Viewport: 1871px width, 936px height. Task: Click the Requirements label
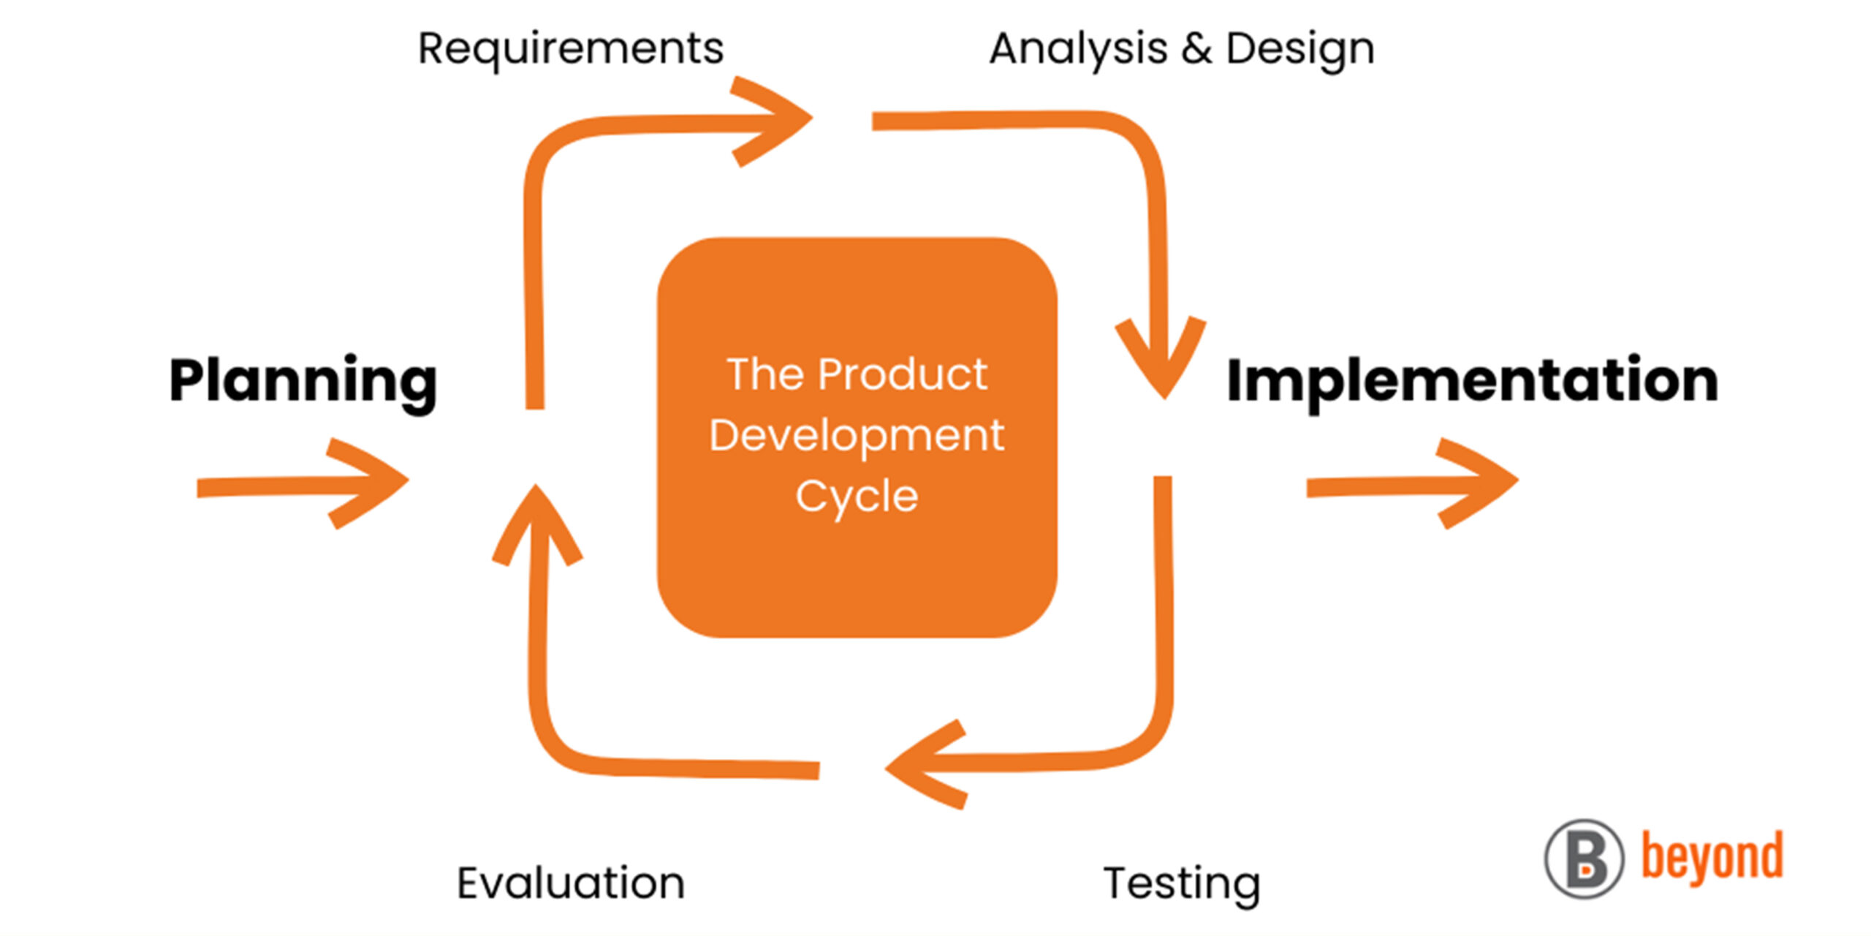coord(571,49)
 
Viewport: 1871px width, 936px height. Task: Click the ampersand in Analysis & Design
coord(1197,49)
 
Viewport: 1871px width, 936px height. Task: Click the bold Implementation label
coord(1473,382)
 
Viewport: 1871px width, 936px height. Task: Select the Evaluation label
coord(571,883)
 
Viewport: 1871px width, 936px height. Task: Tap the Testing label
coord(1182,885)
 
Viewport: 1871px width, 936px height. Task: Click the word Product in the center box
coord(903,374)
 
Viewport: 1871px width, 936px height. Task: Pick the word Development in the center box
coord(857,437)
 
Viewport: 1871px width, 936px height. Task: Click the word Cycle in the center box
coord(857,498)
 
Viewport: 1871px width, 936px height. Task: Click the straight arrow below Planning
coord(303,483)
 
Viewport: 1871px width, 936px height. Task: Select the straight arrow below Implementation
coord(1413,483)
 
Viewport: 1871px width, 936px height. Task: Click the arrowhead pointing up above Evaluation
coord(536,524)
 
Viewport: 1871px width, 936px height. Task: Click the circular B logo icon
coord(1585,859)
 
